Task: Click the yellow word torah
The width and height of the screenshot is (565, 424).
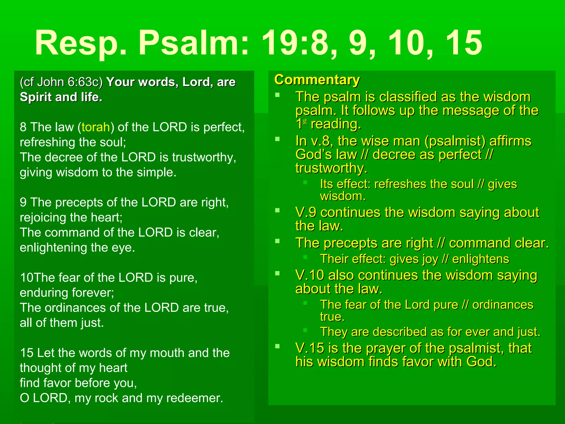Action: tap(96, 127)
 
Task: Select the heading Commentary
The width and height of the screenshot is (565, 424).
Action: tap(317, 80)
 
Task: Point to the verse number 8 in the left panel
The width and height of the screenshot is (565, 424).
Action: tap(23, 127)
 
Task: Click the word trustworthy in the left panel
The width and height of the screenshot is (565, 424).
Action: tap(204, 157)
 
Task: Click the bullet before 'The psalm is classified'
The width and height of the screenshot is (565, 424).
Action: tap(278, 95)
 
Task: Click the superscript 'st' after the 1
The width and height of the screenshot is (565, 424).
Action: tap(305, 122)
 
